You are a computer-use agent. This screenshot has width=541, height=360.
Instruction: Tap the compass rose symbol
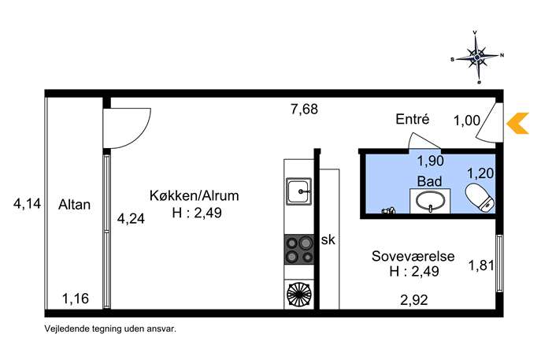click(x=477, y=57)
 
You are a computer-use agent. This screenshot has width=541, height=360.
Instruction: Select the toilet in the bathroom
click(x=480, y=197)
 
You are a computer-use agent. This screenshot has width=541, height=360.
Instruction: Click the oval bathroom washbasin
click(x=430, y=201)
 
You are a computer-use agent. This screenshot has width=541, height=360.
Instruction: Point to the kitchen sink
click(x=298, y=191)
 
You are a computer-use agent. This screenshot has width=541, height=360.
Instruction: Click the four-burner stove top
click(x=299, y=249)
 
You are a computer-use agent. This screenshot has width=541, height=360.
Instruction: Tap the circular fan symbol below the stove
click(x=299, y=294)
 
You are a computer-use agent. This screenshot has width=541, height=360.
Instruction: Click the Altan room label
click(x=74, y=205)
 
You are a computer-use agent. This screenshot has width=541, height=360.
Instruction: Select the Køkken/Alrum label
click(x=195, y=195)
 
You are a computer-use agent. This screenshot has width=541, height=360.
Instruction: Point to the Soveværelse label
click(x=413, y=256)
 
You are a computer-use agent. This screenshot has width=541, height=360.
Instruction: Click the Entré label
click(x=413, y=119)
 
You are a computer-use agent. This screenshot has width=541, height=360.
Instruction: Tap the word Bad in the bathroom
click(x=429, y=181)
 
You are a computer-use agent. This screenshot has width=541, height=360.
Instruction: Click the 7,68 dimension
click(x=304, y=109)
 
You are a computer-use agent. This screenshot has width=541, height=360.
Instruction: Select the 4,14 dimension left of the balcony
click(x=27, y=203)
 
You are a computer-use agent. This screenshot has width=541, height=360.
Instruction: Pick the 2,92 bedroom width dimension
click(x=414, y=299)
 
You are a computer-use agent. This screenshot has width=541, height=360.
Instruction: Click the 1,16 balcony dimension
click(x=76, y=299)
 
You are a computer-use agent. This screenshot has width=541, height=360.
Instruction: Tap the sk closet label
click(x=328, y=239)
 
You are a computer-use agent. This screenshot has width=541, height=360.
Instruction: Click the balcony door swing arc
click(x=139, y=135)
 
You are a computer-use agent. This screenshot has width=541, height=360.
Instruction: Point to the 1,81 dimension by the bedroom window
click(x=481, y=265)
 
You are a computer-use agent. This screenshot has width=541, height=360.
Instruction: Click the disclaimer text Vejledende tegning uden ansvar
click(x=110, y=328)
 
